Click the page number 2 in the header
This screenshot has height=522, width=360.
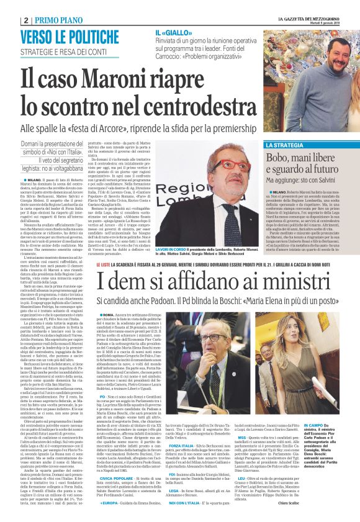pyautogui.click(x=25, y=20)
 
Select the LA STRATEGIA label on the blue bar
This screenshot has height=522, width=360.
pyautogui.click(x=286, y=145)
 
